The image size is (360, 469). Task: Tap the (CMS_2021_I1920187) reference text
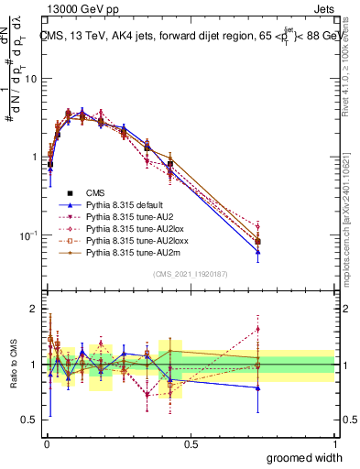190,273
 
